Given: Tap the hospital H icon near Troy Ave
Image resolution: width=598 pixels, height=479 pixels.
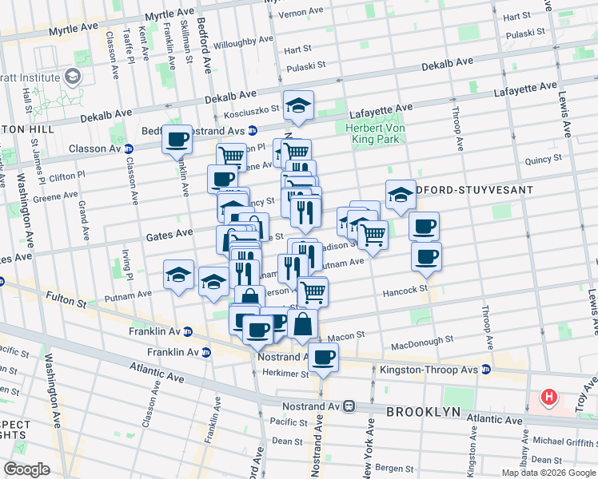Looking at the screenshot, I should [x=549, y=396].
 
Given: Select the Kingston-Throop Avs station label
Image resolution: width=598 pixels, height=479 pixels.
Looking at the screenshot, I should [x=475, y=370].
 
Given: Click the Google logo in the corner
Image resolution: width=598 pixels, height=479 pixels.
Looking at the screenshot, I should [x=26, y=469].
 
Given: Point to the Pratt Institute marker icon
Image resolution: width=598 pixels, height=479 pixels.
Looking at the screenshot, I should [x=74, y=77].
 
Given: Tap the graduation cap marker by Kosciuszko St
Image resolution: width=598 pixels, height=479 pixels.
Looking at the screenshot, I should [x=298, y=106].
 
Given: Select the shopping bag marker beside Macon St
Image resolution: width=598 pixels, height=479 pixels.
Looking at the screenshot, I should [x=303, y=325].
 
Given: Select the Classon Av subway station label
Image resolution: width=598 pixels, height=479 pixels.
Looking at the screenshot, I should [x=94, y=148].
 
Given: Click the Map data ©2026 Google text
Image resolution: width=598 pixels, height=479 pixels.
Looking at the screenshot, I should [x=548, y=473].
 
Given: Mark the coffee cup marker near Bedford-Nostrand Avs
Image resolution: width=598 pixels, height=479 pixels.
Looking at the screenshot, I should [x=177, y=140].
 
